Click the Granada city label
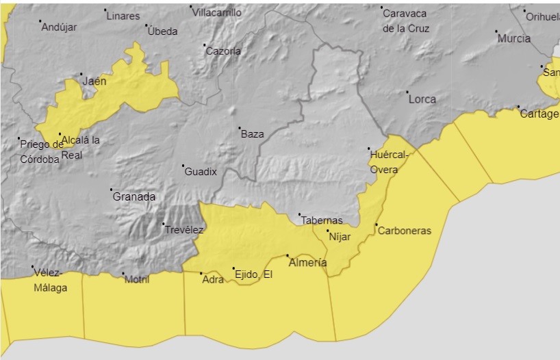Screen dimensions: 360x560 [x=134, y=197]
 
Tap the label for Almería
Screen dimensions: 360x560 [x=308, y=263]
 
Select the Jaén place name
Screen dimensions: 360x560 [x=94, y=81]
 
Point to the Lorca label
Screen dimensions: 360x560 [x=422, y=99]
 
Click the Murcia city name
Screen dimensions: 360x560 [x=514, y=39]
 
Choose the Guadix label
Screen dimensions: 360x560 [x=201, y=172]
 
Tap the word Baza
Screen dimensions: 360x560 [x=253, y=134]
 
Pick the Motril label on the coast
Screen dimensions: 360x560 [x=137, y=279]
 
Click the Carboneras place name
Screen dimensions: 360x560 [x=405, y=231]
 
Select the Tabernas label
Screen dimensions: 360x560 [x=322, y=220]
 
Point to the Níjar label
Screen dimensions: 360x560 [x=340, y=237]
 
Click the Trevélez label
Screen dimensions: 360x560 [x=184, y=230]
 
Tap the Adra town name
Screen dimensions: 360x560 [x=214, y=279]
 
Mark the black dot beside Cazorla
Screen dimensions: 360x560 [x=204, y=46]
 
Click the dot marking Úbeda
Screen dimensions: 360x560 [x=147, y=26]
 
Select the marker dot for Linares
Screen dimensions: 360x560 [x=105, y=10]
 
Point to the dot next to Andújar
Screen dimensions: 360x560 [x=40, y=21]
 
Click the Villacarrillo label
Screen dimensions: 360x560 [x=216, y=12]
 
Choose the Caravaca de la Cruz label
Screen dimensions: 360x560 [x=406, y=21]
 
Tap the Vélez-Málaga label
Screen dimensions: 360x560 [x=51, y=281]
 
